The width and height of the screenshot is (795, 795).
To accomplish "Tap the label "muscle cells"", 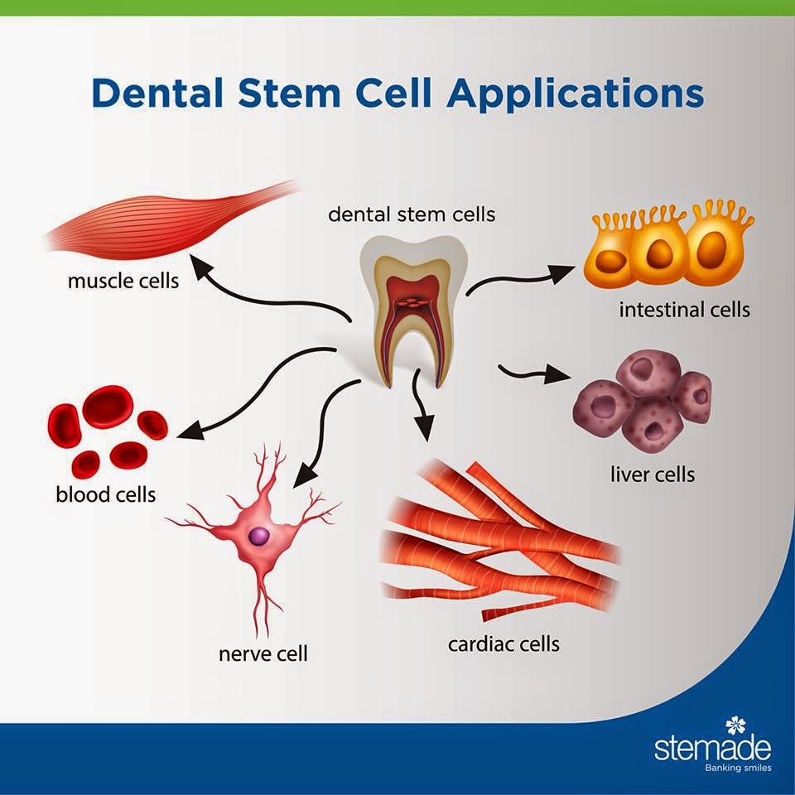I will coord(123,281).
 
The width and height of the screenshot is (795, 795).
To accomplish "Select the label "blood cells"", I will coord(105,495).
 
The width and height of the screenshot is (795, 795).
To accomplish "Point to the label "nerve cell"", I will coord(263,653).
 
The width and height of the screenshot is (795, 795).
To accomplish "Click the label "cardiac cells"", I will coord(503,643).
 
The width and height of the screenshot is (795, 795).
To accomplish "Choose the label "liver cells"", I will coord(652,475).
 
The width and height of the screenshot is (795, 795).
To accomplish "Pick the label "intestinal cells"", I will coord(684,310).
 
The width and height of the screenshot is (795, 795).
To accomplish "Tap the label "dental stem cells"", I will coord(412,214).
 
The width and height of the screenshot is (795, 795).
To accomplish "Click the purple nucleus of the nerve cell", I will coord(259,537).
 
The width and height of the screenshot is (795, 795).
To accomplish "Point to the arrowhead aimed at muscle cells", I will coord(199,264).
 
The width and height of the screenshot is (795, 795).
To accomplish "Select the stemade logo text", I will coord(712,749).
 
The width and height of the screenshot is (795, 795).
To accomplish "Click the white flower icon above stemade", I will coord(735,726).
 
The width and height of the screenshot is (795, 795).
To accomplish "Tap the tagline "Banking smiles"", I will coord(735,768).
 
